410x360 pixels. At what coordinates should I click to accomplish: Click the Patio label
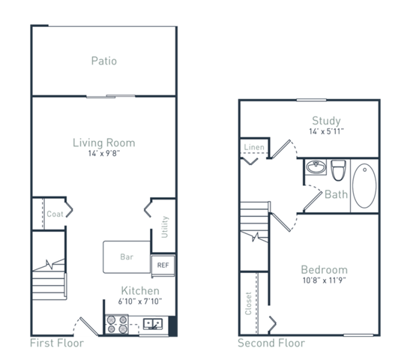pyautogui.click(x=103, y=61)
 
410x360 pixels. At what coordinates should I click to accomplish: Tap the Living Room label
pyautogui.click(x=103, y=142)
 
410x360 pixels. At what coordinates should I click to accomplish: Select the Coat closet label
pyautogui.click(x=55, y=214)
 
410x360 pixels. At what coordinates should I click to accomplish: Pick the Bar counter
pyautogui.click(x=127, y=256)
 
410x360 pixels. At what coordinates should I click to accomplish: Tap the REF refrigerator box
pyautogui.click(x=163, y=265)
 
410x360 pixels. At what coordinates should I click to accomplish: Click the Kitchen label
pyautogui.click(x=140, y=290)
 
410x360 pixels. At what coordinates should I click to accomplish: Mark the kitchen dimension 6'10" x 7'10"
pyautogui.click(x=140, y=302)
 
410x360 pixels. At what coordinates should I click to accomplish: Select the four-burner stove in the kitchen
pyautogui.click(x=117, y=323)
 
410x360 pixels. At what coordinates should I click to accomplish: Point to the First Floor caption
pyautogui.click(x=56, y=343)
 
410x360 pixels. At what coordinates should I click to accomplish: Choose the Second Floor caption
pyautogui.click(x=271, y=343)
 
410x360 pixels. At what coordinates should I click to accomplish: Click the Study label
pyautogui.click(x=326, y=121)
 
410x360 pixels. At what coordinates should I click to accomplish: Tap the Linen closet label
pyautogui.click(x=253, y=148)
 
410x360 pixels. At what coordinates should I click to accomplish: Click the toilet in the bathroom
pyautogui.click(x=338, y=170)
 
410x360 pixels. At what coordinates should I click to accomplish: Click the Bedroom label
pyautogui.click(x=324, y=270)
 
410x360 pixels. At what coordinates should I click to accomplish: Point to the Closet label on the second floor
pyautogui.click(x=247, y=303)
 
